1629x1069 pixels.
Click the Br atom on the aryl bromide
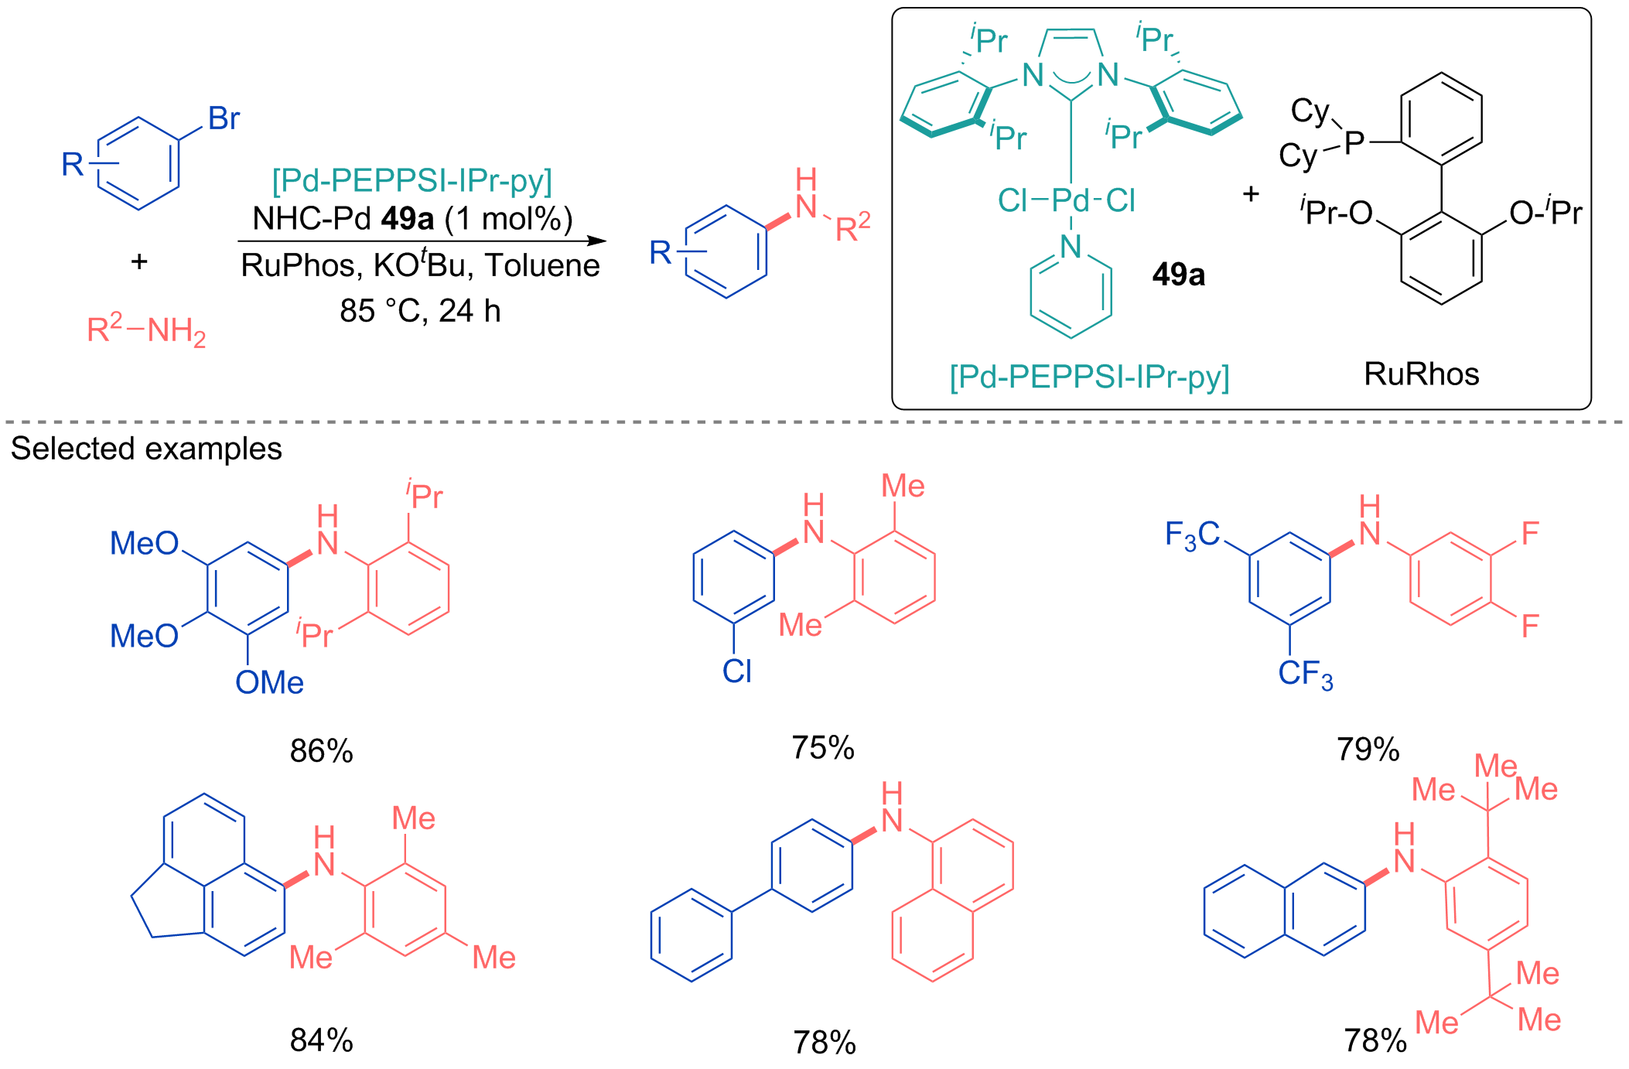point(224,118)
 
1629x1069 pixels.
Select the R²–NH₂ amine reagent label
point(146,330)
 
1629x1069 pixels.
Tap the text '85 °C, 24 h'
point(420,311)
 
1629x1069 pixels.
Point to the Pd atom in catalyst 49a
point(1071,200)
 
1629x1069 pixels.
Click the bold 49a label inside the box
point(1178,275)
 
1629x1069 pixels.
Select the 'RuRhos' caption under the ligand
point(1421,374)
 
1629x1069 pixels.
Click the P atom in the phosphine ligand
point(1354,142)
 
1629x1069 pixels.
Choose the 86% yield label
point(321,750)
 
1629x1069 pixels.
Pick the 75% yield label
point(822,747)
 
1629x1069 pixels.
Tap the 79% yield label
point(1368,749)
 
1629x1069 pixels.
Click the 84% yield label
point(321,1040)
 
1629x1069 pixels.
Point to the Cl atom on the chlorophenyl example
point(736,671)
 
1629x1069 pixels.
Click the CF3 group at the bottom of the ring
point(1306,675)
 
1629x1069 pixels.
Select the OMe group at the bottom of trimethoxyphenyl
point(269,682)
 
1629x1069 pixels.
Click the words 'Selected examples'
point(146,449)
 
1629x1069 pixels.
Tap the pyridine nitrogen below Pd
point(1071,247)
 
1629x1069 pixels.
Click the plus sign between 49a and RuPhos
point(1251,193)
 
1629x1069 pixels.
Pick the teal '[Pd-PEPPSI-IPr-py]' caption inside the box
point(1089,377)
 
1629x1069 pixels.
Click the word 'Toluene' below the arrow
point(542,265)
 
